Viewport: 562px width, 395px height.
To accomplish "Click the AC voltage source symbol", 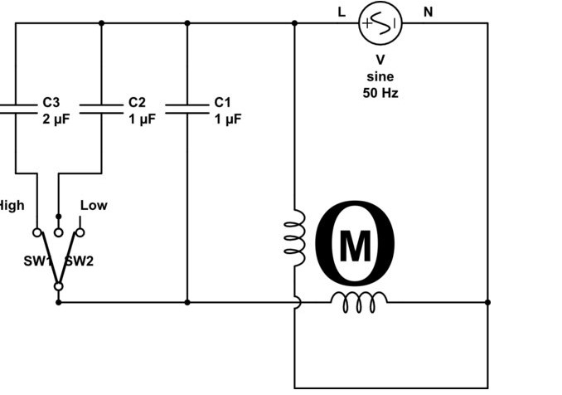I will tap(380, 23).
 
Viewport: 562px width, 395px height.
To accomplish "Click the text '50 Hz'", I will tap(380, 92).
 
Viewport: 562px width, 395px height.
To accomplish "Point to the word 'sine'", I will tap(380, 76).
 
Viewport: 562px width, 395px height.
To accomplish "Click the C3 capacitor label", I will tap(51, 102).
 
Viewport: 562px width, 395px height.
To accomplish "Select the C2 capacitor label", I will tap(137, 102).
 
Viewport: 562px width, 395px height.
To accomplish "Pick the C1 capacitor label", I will tap(222, 102).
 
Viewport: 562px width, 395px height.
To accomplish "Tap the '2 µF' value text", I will tap(56, 119).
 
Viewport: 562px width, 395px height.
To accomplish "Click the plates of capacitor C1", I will tap(187, 108).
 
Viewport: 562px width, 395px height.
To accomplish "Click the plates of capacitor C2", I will tap(101, 108).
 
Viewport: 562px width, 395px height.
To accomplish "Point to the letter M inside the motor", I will tap(356, 245).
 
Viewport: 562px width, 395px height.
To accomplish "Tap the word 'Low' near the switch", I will tap(94, 205).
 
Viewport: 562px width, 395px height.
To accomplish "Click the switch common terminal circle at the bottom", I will tap(58, 286).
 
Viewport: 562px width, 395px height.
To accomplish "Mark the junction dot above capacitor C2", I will tap(101, 23).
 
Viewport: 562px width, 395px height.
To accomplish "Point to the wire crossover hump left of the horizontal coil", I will tap(296, 302).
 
